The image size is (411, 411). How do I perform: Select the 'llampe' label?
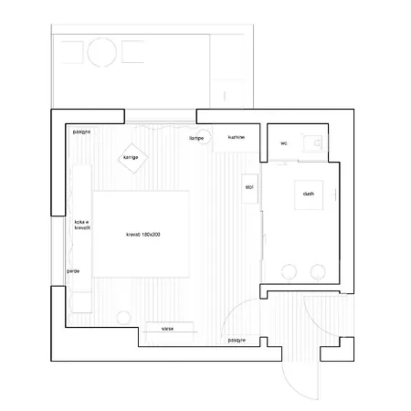tap(195, 138)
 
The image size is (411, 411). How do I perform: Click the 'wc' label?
tap(284, 142)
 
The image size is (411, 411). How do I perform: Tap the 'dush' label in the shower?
tap(308, 194)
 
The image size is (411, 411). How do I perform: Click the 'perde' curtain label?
tap(72, 271)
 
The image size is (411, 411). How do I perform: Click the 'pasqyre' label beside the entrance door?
tap(236, 340)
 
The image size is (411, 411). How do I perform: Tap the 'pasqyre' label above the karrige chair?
tap(81, 132)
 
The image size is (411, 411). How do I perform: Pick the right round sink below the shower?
tap(320, 270)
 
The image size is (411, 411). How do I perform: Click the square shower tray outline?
tap(308, 194)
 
